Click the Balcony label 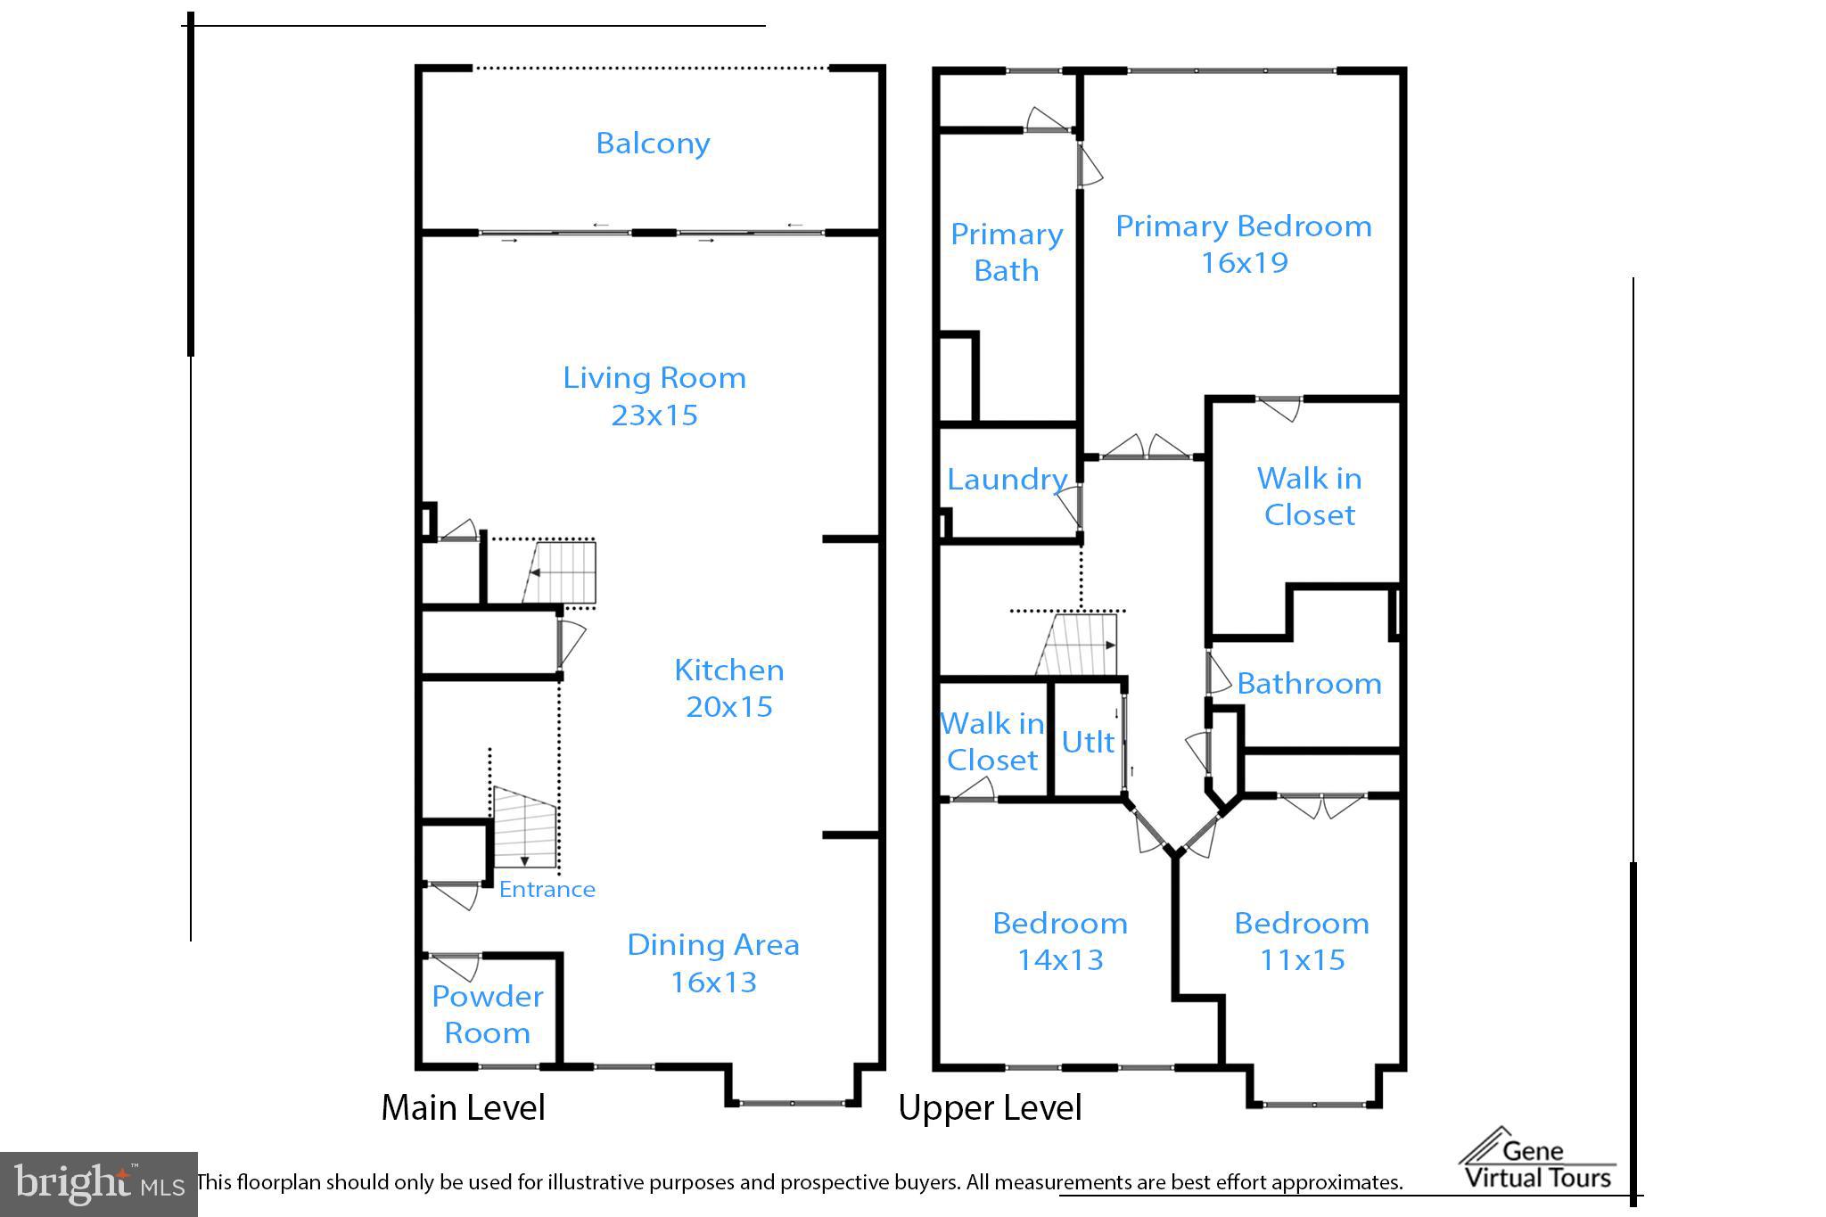(653, 144)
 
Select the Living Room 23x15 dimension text (654, 415)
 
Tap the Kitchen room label (728, 670)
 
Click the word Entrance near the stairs (547, 889)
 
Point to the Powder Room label (487, 1014)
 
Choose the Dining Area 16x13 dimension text (713, 982)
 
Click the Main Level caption (463, 1108)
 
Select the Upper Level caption (990, 1108)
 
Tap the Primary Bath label (1007, 252)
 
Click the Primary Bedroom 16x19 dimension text (1244, 263)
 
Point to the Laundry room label (1007, 480)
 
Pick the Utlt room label (1088, 742)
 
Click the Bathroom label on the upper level (1309, 684)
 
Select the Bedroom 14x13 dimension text (1060, 960)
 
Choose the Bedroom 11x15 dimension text (1302, 960)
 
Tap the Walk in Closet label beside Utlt (991, 742)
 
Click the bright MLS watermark (98, 1184)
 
